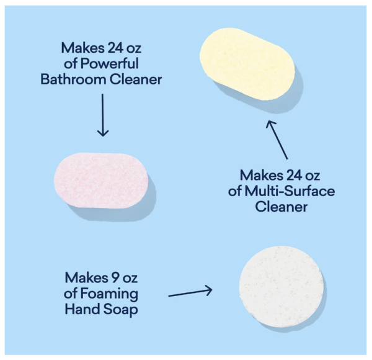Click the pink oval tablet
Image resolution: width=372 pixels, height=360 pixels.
pos(101,181)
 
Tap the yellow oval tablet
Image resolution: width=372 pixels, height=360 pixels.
pos(247,64)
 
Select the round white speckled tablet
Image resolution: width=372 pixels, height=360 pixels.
pos(281,287)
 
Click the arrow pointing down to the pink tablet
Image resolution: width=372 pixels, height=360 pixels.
pos(103,115)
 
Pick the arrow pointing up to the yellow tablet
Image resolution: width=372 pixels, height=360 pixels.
pos(277,140)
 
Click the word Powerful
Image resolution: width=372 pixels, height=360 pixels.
pos(109,64)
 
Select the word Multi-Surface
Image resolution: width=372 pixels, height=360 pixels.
pos(290,191)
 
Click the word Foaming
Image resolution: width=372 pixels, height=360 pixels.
pos(109,294)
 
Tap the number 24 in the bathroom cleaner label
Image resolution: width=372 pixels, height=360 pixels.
pos(115,48)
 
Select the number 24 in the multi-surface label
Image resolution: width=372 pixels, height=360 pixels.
pos(294,176)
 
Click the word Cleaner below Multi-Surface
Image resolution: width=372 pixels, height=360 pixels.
pos(281,207)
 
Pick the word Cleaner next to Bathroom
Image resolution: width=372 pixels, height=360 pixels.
pos(135,79)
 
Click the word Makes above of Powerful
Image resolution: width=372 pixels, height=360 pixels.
pos(83,48)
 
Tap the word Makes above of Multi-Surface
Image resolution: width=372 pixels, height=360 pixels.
pos(262,176)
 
